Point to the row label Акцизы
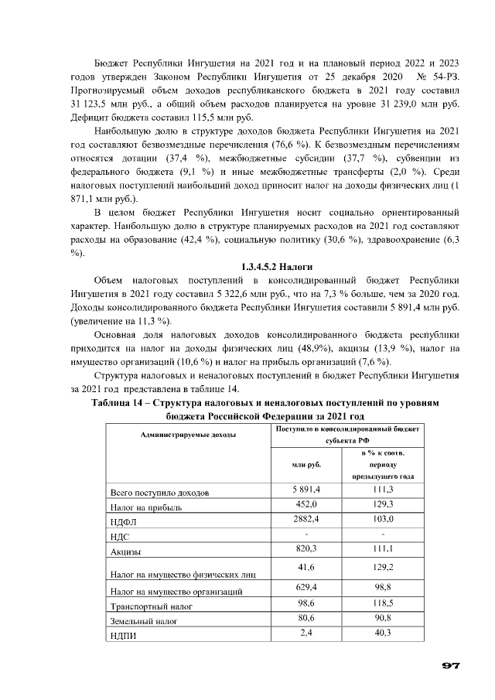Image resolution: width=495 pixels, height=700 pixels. click(x=128, y=551)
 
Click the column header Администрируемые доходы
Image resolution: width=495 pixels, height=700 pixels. click(x=177, y=436)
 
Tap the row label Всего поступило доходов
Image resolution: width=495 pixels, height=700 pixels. click(x=159, y=493)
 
